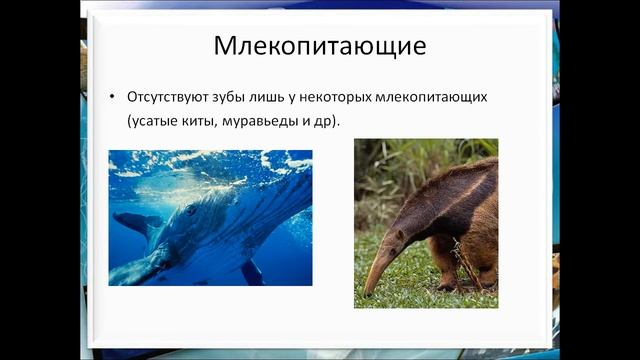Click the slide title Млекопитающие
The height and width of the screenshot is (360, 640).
[x=320, y=46]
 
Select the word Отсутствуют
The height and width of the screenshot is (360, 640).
[x=166, y=98]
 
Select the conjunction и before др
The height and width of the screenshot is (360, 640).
[x=310, y=121]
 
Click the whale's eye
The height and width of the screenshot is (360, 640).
[x=190, y=211]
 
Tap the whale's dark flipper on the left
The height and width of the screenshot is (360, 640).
[x=135, y=222]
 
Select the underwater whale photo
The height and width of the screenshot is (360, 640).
[x=210, y=218]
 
